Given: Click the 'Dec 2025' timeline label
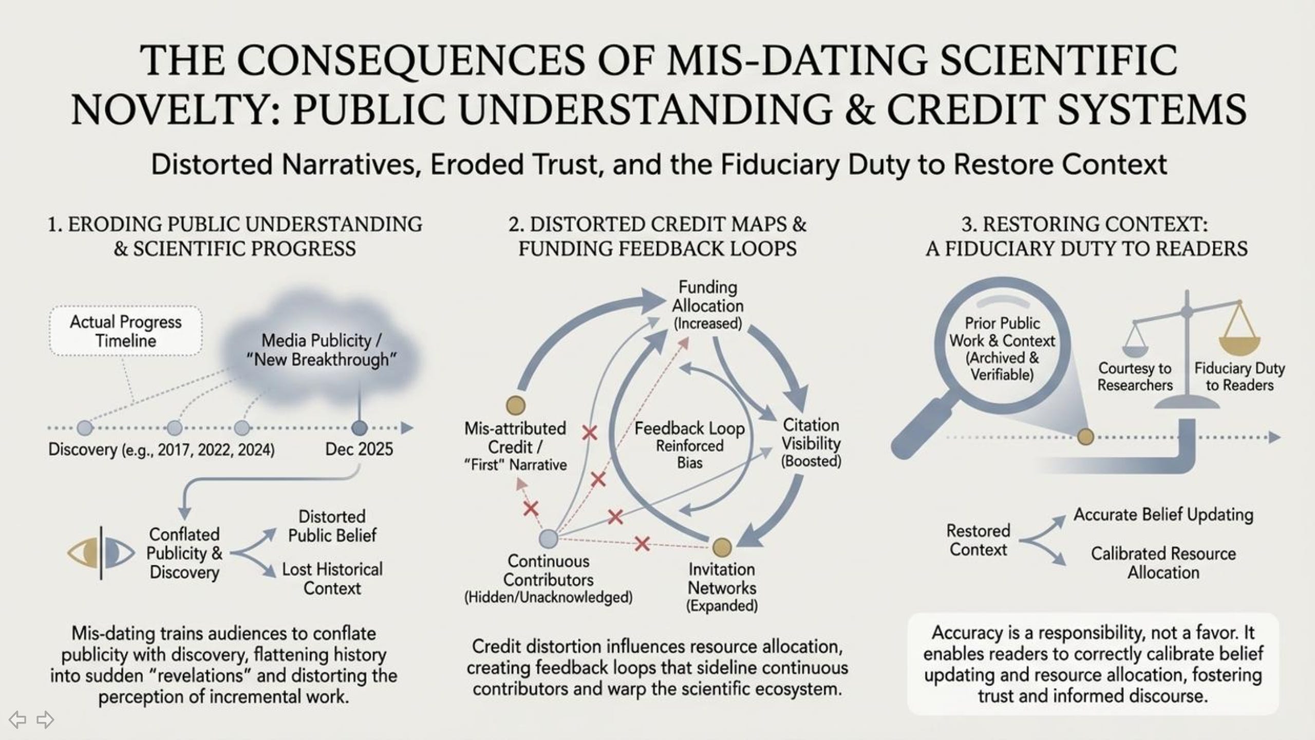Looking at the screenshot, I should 359,450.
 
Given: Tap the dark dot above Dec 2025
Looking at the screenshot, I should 360,428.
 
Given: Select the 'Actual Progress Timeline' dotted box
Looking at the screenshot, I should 126,331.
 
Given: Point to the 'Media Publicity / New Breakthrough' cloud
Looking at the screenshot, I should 322,349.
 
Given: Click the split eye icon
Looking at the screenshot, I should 101,553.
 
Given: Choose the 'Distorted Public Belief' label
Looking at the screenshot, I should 332,526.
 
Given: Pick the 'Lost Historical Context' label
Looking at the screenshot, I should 332,579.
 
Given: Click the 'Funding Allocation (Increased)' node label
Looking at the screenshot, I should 708,305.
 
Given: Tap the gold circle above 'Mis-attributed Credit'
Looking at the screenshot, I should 516,405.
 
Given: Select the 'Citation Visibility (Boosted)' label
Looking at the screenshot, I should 811,443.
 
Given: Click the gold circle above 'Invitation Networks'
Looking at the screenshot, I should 722,547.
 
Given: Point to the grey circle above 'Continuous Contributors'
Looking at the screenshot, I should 549,539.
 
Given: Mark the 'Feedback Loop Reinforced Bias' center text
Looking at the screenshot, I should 689,445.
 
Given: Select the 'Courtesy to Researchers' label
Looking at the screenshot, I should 1135,377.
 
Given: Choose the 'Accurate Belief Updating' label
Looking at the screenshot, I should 1163,515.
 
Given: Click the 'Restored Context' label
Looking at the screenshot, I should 978,540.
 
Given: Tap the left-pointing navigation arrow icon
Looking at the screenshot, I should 17,719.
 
